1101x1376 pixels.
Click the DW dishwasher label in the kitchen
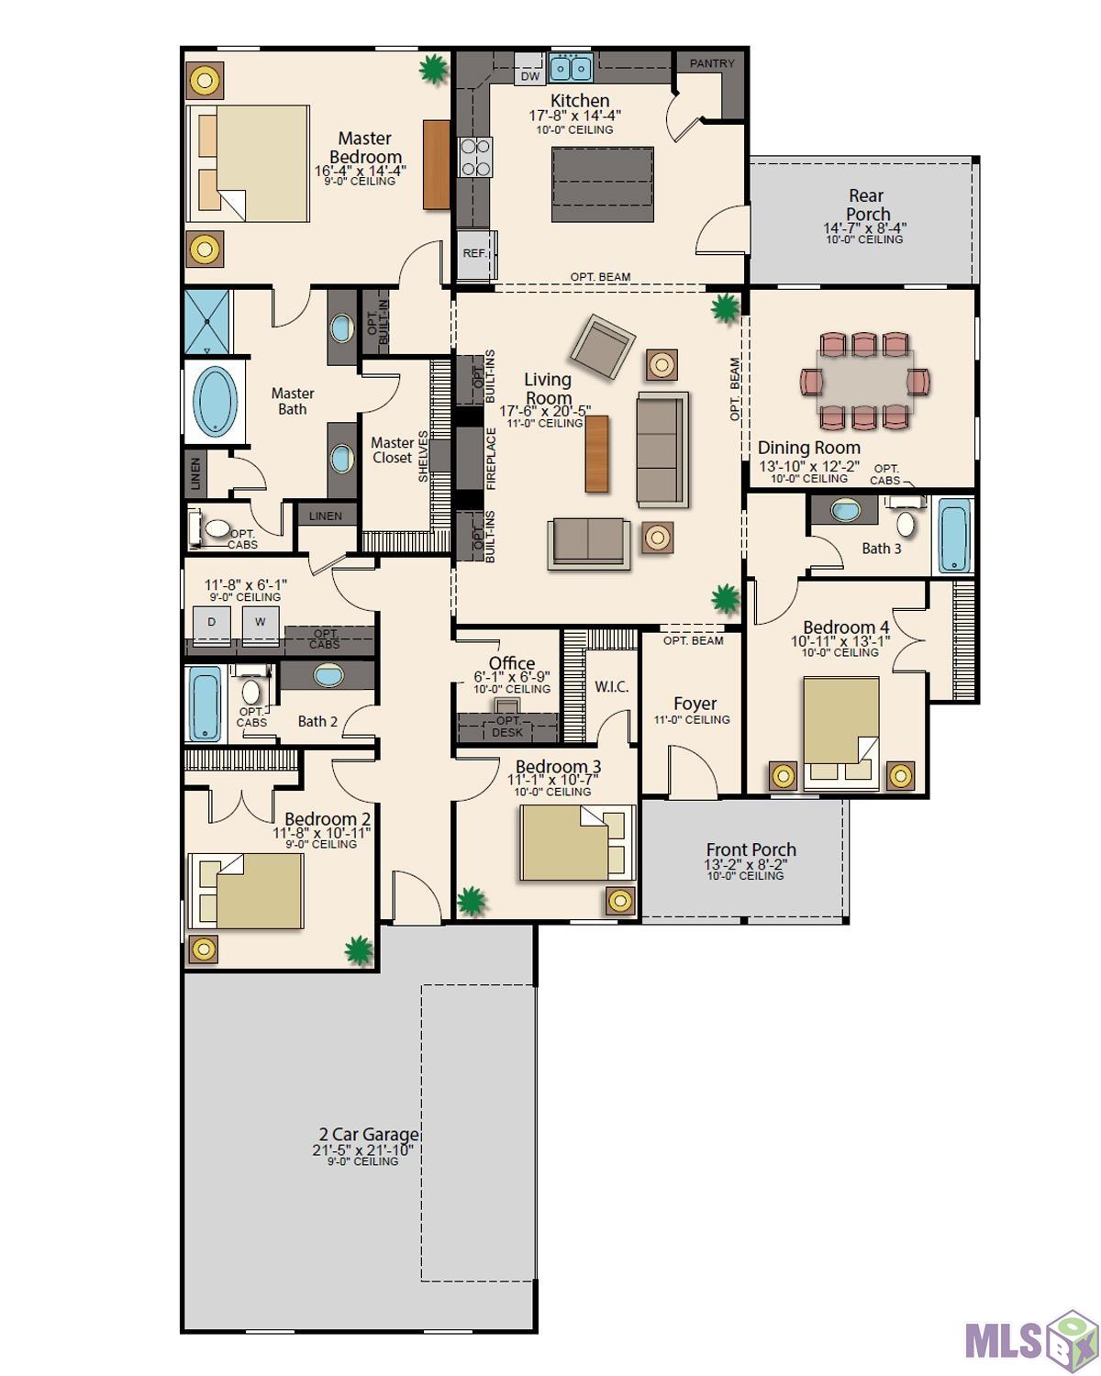[529, 76]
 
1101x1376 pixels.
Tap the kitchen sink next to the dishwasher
[571, 67]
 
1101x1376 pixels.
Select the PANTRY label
[711, 63]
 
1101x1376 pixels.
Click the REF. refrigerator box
[476, 253]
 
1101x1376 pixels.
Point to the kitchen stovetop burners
[475, 157]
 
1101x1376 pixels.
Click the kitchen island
[602, 184]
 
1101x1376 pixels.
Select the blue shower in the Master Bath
[206, 322]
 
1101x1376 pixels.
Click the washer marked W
[260, 625]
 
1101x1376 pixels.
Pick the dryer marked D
[212, 625]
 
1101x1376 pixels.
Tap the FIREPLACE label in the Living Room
[491, 458]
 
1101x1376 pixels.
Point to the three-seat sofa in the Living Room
[662, 449]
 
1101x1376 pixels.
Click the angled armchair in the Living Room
[602, 346]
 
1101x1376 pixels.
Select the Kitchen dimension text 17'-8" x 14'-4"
[574, 115]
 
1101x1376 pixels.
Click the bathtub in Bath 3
[954, 535]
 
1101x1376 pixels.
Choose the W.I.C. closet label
[611, 687]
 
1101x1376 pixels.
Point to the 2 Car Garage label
[369, 1134]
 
